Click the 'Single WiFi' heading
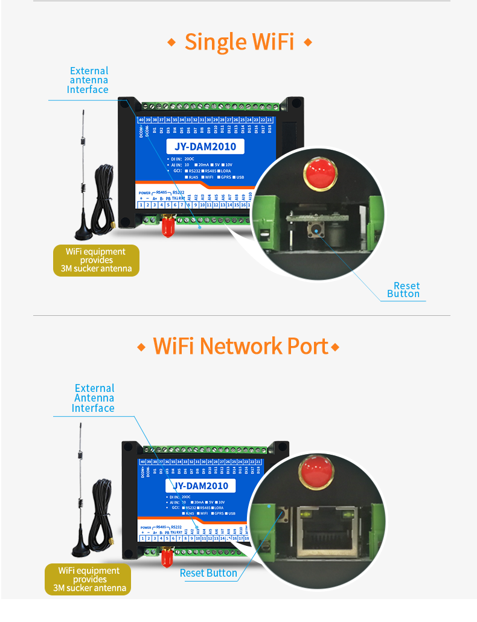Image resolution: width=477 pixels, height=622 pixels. tap(239, 42)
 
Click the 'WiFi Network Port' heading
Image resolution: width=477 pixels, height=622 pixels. tap(240, 346)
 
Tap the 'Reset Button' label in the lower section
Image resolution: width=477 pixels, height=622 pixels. tap(208, 573)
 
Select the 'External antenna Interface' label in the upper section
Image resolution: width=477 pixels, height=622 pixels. tap(89, 80)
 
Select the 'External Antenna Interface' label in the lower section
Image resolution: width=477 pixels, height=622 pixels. tap(94, 398)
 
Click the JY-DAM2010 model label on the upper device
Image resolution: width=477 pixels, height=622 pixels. tap(205, 146)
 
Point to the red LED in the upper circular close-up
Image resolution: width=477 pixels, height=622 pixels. tap(319, 173)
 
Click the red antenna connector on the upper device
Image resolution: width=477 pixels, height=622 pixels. tap(167, 227)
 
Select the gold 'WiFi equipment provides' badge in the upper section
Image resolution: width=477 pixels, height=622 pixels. tap(96, 260)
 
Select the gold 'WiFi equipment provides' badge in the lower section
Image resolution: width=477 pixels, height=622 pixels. tap(88, 579)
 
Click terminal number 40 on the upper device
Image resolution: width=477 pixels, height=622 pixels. tap(141, 120)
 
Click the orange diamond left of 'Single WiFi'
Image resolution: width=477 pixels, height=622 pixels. tap(171, 42)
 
